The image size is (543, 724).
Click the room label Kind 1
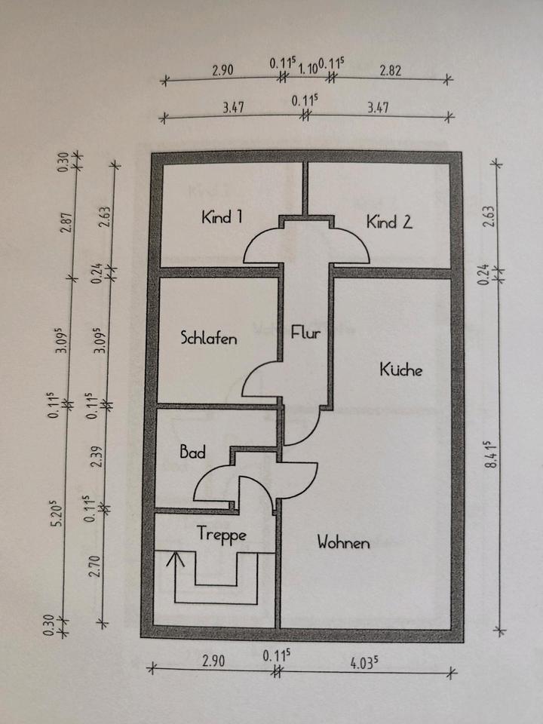[222, 218]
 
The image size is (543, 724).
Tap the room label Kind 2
[389, 222]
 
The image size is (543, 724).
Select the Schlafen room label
[209, 338]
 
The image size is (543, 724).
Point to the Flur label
[305, 332]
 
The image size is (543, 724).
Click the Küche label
[401, 370]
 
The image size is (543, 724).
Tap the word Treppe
[222, 533]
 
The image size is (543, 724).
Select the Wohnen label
[343, 542]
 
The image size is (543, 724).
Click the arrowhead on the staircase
[176, 559]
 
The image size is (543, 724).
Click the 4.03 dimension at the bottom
[364, 664]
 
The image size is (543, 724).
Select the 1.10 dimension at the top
[307, 69]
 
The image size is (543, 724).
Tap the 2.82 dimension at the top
[391, 71]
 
